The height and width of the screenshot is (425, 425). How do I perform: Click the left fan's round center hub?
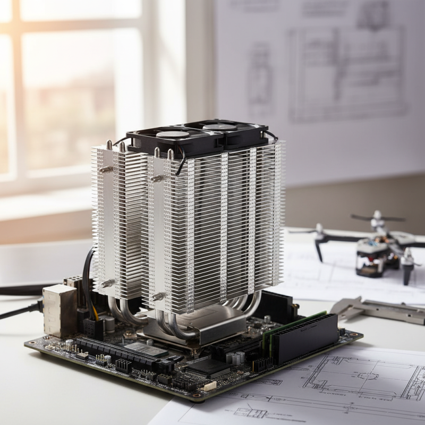click(x=173, y=134)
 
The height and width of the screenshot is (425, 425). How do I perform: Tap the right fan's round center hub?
click(x=219, y=126)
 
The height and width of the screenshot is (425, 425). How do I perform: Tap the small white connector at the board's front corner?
click(x=209, y=386)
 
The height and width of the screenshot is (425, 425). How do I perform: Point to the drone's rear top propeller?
click(x=377, y=217)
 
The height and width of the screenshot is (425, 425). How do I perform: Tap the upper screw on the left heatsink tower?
click(x=106, y=169)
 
